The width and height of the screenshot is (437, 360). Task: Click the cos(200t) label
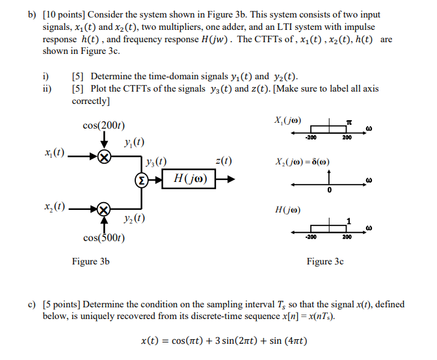click(x=104, y=125)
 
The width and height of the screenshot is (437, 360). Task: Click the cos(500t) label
click(x=104, y=238)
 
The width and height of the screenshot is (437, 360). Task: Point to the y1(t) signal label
click(x=133, y=143)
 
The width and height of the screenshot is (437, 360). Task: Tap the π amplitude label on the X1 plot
click(x=349, y=121)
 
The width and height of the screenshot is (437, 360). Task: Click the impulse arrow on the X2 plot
click(x=330, y=177)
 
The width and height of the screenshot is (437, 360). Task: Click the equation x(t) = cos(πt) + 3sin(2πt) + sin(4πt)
click(x=224, y=341)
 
